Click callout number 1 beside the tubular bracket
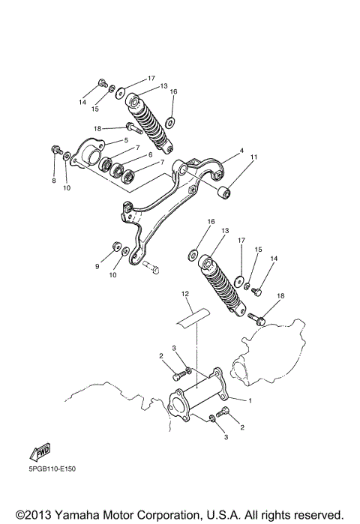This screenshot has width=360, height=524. point(250,401)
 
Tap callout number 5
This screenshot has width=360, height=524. point(126,140)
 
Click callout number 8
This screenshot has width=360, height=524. point(53,181)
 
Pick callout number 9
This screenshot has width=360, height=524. point(97,265)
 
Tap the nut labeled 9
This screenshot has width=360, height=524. point(117,245)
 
